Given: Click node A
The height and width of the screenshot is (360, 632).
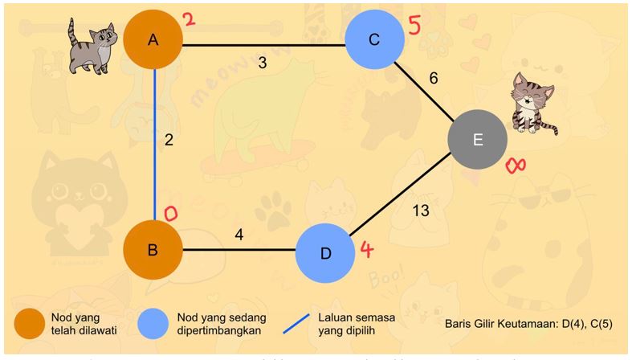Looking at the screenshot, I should click(x=153, y=39).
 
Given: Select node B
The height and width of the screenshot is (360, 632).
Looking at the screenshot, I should click(x=153, y=249).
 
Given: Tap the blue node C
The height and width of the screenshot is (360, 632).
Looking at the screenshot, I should click(x=375, y=39).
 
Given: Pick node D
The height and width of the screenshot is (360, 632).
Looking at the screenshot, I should click(x=325, y=253).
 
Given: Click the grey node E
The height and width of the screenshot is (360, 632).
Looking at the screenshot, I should click(x=478, y=140).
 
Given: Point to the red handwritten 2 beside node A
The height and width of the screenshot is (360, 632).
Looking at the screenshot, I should click(x=189, y=19).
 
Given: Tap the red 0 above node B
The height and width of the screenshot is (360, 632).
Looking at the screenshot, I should click(x=171, y=213).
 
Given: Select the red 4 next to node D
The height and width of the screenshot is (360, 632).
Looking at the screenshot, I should click(x=366, y=249).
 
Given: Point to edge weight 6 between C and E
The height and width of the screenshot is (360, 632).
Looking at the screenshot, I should click(x=434, y=78).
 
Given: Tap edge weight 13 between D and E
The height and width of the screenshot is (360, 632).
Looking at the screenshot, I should click(x=420, y=211).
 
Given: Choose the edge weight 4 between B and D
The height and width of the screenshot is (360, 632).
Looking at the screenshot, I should click(x=239, y=235).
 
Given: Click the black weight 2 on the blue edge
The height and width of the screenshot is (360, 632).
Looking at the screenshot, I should click(x=169, y=140).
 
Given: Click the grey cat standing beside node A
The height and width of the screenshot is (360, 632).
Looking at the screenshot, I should click(x=92, y=45).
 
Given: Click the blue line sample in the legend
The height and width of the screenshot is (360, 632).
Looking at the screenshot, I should click(x=300, y=323).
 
